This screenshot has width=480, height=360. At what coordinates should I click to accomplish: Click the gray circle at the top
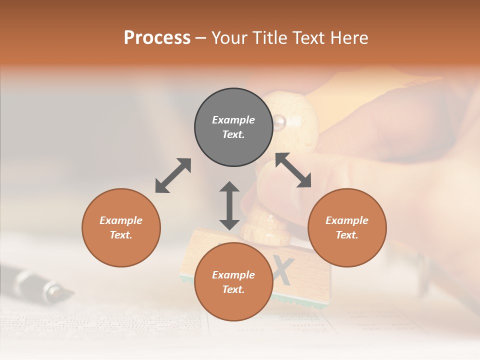[x=233, y=127]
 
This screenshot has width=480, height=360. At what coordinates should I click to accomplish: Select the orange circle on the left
[x=121, y=227]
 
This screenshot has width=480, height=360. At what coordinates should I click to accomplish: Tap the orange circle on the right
[x=347, y=227]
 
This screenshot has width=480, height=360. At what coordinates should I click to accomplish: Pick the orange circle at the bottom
[x=233, y=282]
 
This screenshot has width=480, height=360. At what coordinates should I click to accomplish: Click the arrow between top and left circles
[x=173, y=175]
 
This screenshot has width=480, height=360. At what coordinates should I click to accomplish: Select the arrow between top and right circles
[x=293, y=170]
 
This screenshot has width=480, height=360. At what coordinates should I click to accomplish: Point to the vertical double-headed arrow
[x=229, y=205]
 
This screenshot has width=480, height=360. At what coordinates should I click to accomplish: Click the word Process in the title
[x=157, y=37]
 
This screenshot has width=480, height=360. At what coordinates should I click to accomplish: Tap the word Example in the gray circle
[x=233, y=120]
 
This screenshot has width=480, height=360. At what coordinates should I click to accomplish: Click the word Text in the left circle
[x=121, y=235]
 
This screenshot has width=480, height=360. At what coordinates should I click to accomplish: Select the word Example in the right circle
[x=347, y=220]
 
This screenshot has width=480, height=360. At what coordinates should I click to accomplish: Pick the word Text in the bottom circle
[x=233, y=289]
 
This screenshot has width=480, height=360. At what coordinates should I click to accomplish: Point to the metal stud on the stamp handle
[x=278, y=120]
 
